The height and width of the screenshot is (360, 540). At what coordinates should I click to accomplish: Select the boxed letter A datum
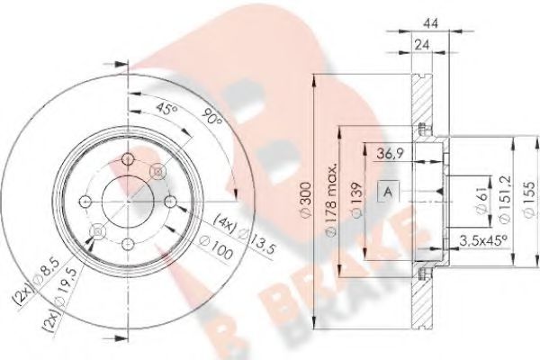click(387, 191)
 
